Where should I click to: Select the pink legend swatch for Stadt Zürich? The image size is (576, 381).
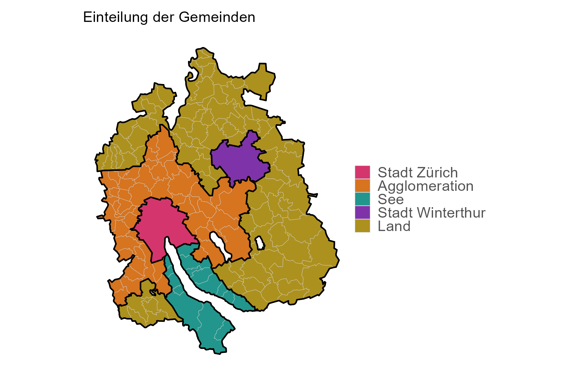click(362, 172)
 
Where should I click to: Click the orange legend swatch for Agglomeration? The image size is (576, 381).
click(362, 186)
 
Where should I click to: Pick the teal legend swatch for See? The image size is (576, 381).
click(362, 199)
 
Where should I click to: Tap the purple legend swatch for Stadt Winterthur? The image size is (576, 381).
click(362, 212)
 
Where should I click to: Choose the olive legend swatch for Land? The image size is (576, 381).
click(362, 226)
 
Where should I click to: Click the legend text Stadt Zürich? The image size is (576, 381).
click(417, 173)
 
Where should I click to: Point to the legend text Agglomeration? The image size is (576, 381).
click(425, 186)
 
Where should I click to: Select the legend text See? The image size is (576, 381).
click(390, 199)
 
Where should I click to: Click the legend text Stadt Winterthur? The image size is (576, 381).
click(431, 213)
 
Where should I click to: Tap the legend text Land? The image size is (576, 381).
click(394, 226)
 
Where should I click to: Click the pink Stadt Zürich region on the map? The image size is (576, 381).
click(160, 225)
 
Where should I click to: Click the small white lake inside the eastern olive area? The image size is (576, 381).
click(260, 243)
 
